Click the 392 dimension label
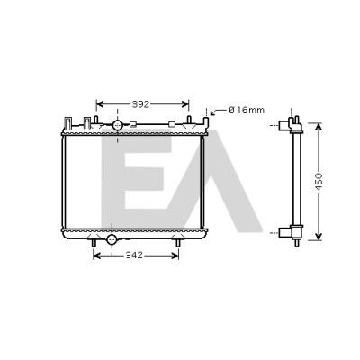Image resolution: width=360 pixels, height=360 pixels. pos(140,104)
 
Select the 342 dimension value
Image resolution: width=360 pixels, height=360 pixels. pos(134,256)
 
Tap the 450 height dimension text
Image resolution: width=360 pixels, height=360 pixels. pos(319,182)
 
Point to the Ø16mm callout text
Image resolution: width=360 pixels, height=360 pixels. pos(247,111)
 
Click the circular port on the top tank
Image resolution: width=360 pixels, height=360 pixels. pos(117,125)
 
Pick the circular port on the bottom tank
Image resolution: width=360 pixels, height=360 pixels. pos(112,239)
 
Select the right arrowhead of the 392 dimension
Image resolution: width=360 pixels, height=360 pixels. pos(185,104)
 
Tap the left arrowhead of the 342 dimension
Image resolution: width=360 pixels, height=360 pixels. pos(97,256)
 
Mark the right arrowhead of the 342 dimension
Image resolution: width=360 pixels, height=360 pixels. pos(175,256)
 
